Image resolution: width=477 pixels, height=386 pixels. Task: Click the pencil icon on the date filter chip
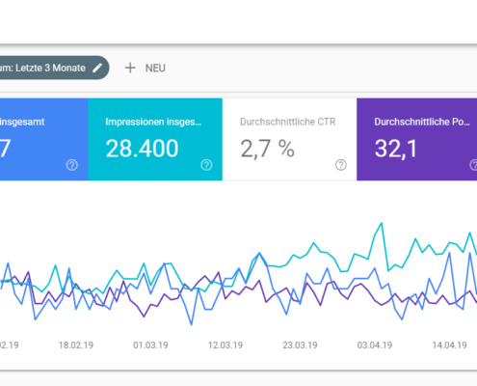[96, 68]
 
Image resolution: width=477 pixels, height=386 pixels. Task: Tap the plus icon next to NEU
[130, 68]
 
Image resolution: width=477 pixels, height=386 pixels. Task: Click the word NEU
[156, 69]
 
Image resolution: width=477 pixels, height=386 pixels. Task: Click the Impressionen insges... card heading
[154, 122]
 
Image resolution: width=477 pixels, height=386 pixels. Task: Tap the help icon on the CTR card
[340, 165]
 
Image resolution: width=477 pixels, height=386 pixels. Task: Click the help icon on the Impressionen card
[205, 165]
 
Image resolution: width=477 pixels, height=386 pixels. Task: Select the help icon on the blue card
[71, 165]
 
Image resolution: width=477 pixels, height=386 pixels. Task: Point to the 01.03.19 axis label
[152, 343]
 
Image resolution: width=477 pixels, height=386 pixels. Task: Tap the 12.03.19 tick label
[226, 343]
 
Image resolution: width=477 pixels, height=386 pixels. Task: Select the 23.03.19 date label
[301, 343]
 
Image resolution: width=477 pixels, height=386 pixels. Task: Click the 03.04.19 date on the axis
[376, 343]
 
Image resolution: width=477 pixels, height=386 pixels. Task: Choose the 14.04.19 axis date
[449, 343]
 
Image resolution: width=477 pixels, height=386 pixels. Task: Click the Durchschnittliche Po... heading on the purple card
[421, 122]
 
